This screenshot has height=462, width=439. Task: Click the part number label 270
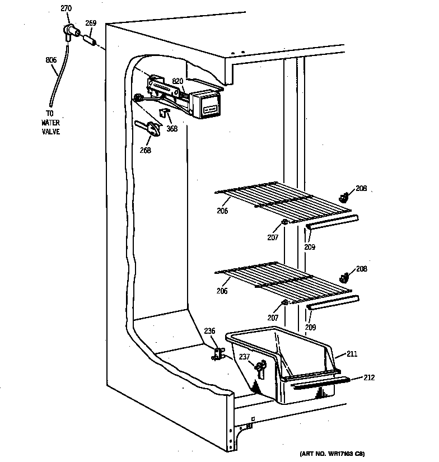click(66, 8)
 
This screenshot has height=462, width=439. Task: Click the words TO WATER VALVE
click(50, 122)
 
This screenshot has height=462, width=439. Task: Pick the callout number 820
click(178, 82)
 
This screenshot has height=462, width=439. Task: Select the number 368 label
click(172, 128)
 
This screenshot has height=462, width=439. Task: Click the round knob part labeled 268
click(153, 129)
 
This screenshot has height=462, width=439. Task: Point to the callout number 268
click(146, 150)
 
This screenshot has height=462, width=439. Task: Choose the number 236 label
click(209, 331)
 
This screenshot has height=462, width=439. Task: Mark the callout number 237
click(245, 356)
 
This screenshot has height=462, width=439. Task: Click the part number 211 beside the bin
click(352, 354)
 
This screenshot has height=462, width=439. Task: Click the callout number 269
click(91, 23)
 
